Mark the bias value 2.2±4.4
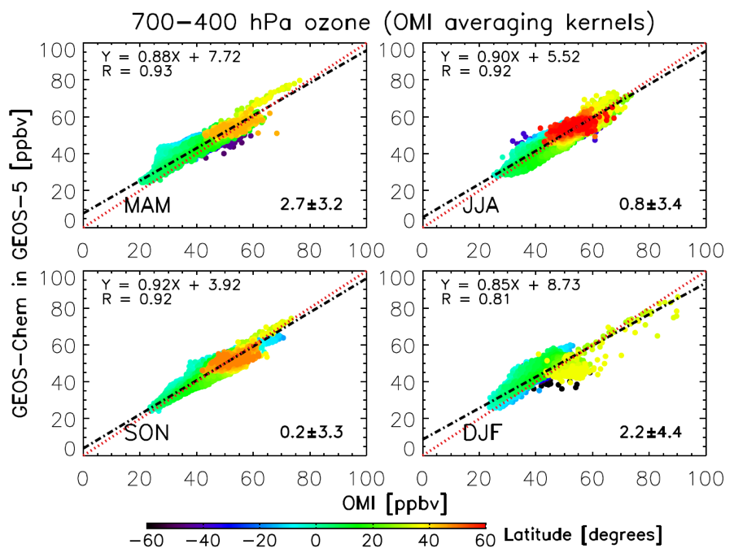pyautogui.click(x=649, y=432)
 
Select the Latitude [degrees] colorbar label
pyautogui.click(x=583, y=535)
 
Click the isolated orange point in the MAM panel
pyautogui.click(x=277, y=133)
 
